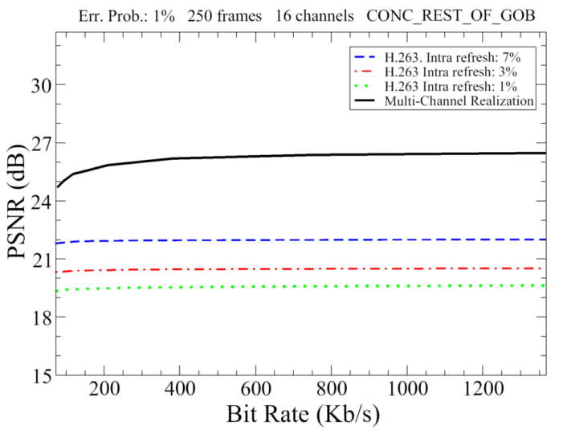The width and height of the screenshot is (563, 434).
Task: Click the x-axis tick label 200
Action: coord(104,388)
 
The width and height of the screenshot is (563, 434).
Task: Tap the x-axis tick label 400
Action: coord(180,388)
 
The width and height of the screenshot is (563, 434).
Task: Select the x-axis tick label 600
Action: coord(255,388)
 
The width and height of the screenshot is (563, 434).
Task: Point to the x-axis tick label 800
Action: coord(331,388)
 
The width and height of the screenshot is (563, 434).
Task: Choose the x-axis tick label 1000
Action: coord(406,388)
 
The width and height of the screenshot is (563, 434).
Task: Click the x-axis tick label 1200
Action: coord(482,388)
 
